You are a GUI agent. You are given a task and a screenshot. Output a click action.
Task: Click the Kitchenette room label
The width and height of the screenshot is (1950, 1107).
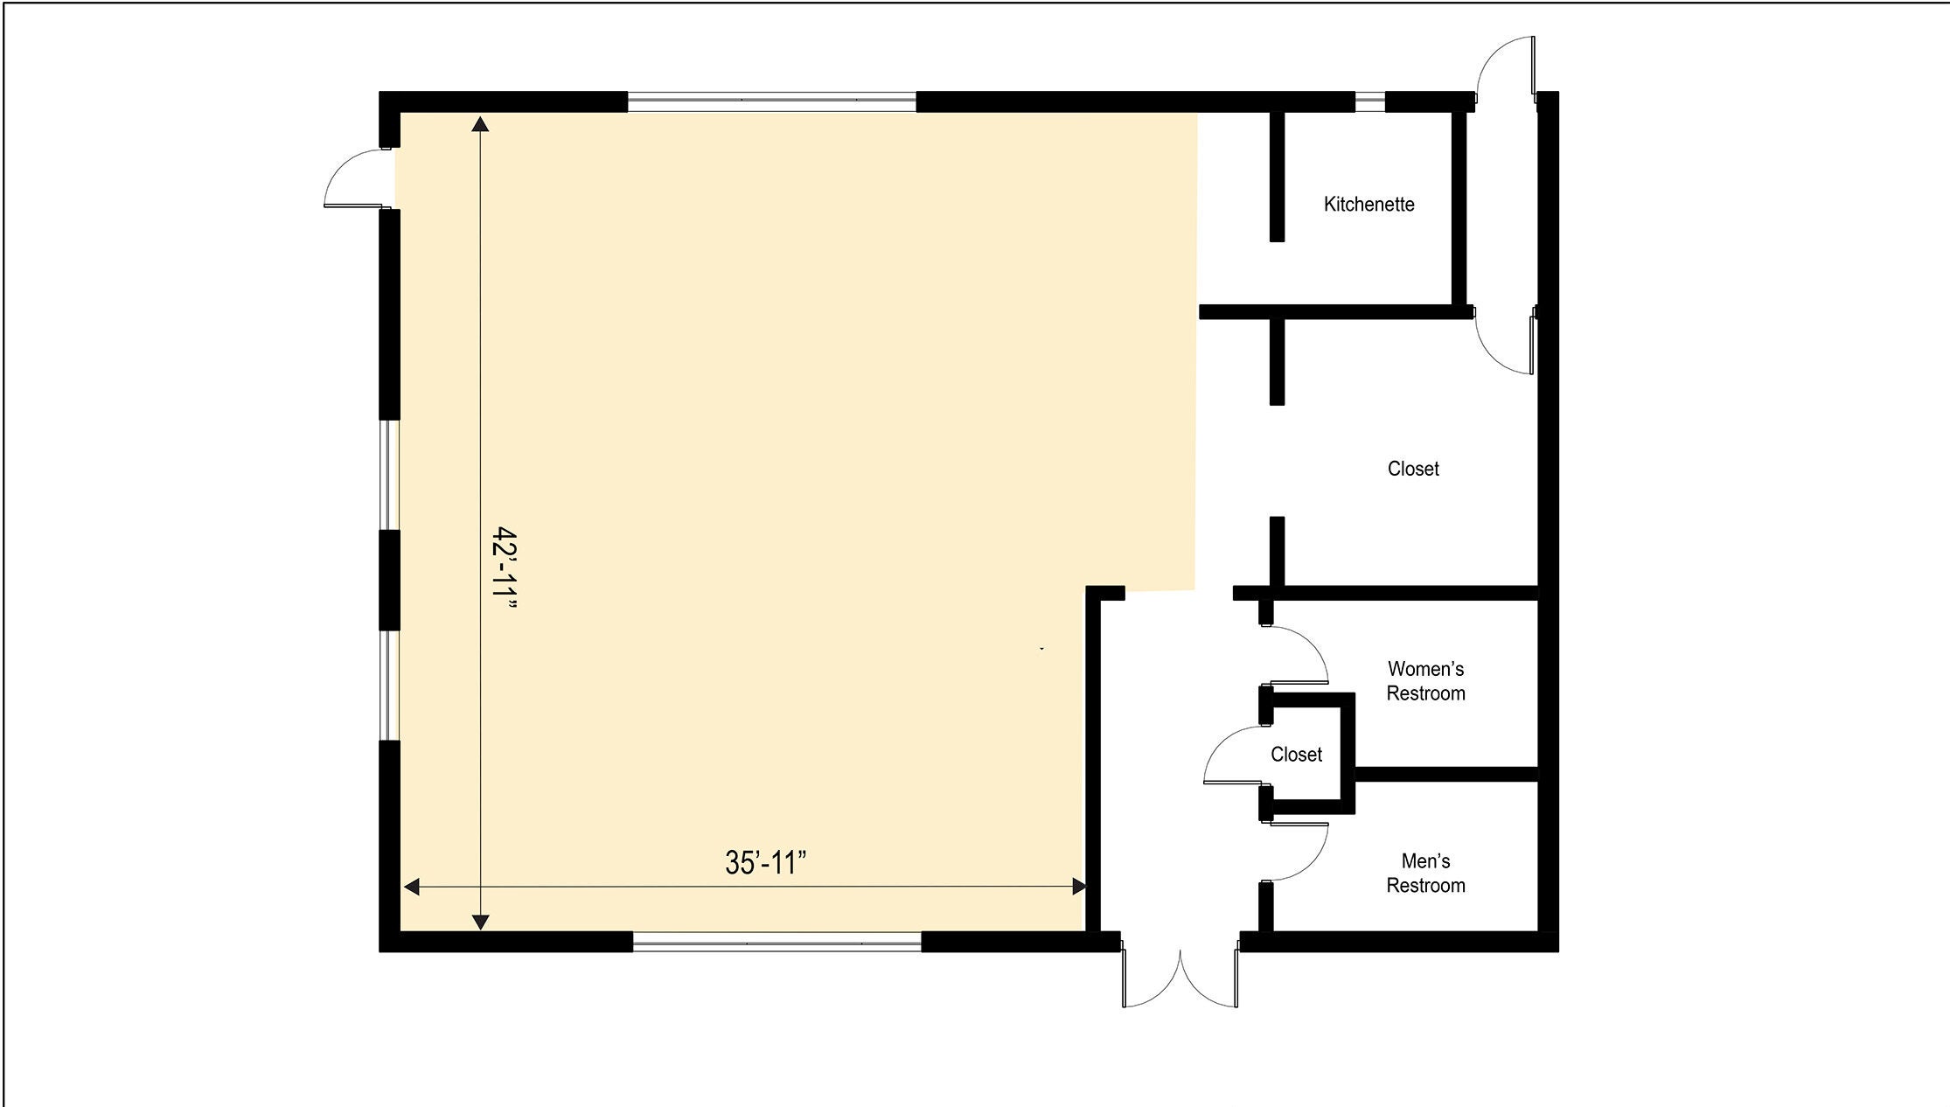[1368, 204]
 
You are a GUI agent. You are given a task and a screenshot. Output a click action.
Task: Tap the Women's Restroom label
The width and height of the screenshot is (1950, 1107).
[1425, 681]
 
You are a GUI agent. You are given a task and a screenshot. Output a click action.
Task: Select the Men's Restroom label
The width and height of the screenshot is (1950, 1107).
[1425, 874]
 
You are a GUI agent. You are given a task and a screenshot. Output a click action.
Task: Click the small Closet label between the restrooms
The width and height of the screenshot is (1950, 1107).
[1296, 754]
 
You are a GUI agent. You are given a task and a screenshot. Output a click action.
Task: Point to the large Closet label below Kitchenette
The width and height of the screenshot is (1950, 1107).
[1413, 469]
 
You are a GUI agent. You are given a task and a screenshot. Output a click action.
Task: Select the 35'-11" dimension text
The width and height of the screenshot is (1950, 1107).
[765, 863]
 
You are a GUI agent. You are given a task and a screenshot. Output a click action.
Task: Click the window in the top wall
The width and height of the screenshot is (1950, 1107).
[771, 101]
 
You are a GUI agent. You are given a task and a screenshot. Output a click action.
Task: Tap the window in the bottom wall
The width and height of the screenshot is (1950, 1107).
[777, 942]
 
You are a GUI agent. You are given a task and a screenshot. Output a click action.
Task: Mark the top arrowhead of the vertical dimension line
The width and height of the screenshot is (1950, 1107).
[480, 123]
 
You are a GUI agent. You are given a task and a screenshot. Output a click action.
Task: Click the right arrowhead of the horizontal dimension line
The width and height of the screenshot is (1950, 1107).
[1078, 887]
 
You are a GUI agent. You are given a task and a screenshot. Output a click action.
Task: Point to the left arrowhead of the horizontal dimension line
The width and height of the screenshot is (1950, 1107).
[411, 887]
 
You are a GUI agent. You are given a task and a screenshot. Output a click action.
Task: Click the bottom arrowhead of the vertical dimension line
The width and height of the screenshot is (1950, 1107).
[480, 922]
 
